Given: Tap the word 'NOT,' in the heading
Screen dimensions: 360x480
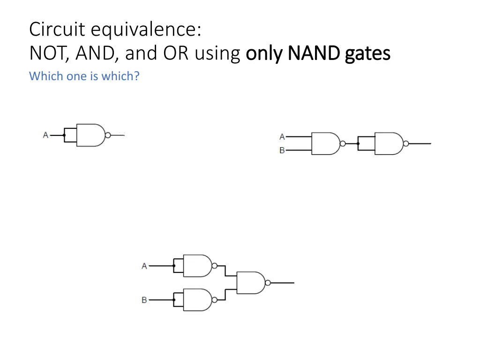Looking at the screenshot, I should click(49, 54).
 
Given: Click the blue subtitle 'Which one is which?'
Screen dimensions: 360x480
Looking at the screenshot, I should click(84, 76).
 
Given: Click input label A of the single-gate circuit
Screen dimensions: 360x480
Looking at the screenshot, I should click(45, 135).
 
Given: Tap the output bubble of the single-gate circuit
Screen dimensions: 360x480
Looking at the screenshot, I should click(108, 135).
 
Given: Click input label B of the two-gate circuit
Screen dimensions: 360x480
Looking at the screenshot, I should click(282, 150).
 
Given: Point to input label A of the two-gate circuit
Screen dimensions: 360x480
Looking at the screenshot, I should click(282, 137).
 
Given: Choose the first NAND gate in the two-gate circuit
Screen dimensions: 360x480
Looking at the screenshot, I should click(325, 143).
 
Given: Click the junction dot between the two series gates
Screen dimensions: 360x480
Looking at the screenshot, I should click(358, 143).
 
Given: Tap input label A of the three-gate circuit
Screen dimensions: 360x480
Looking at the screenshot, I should click(144, 266).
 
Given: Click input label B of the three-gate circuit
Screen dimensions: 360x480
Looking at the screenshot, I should click(144, 300).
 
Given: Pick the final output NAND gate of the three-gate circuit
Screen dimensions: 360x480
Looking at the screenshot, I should click(250, 283).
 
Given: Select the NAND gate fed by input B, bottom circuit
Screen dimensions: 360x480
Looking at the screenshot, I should click(197, 300).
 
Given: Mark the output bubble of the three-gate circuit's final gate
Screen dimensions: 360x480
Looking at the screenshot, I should click(268, 283).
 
